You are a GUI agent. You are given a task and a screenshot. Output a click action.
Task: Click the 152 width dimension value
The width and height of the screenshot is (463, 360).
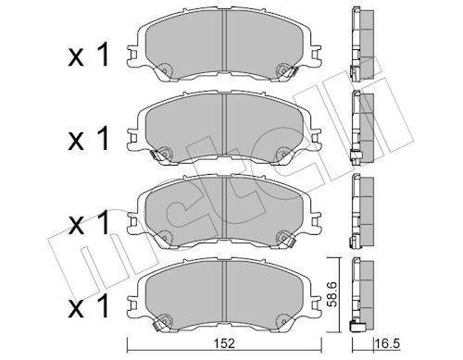(225, 343)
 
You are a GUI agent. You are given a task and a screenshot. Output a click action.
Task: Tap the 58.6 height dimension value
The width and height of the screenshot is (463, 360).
(332, 294)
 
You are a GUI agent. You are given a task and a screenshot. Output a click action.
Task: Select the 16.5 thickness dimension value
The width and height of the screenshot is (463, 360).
(387, 343)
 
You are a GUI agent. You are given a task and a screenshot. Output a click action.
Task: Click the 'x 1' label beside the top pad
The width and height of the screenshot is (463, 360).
(89, 55)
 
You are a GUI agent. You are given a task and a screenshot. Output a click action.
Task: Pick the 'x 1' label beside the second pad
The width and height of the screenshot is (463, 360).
(89, 138)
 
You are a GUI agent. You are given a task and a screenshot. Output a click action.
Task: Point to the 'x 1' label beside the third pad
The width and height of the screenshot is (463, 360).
(89, 222)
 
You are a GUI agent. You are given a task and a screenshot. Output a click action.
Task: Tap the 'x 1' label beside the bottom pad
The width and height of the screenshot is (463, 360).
(89, 305)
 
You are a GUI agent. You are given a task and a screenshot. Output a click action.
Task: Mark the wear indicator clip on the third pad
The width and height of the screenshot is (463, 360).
(290, 242)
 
